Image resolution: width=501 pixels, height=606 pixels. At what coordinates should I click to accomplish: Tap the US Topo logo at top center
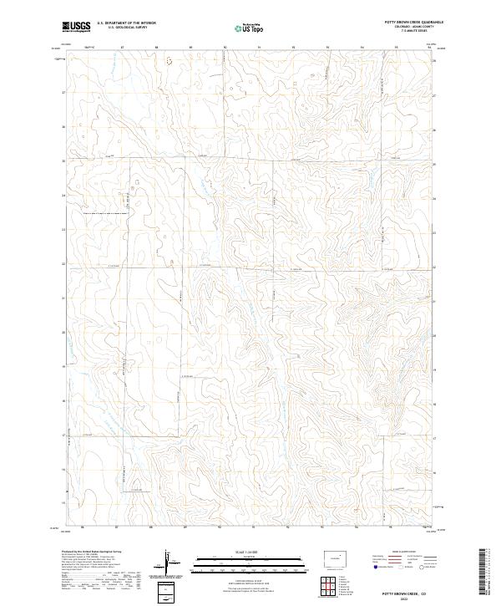click(x=250, y=27)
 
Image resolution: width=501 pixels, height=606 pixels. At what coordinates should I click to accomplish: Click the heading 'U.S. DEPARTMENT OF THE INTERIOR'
click(x=126, y=23)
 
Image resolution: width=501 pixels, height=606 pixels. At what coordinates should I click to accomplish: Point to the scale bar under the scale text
click(x=250, y=563)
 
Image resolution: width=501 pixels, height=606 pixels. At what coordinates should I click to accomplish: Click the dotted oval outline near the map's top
click(x=170, y=61)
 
